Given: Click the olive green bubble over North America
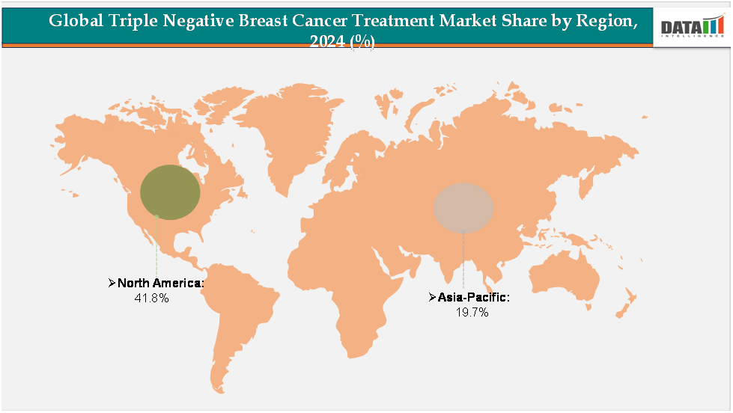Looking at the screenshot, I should (171, 192).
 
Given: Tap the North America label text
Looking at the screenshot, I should (160, 283).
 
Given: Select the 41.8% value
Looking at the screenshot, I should (150, 298).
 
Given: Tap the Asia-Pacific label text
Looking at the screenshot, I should (474, 298).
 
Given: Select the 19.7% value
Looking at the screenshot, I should (472, 313).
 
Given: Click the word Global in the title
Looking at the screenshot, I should (74, 21).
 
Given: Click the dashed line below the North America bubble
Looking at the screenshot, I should (156, 247).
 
